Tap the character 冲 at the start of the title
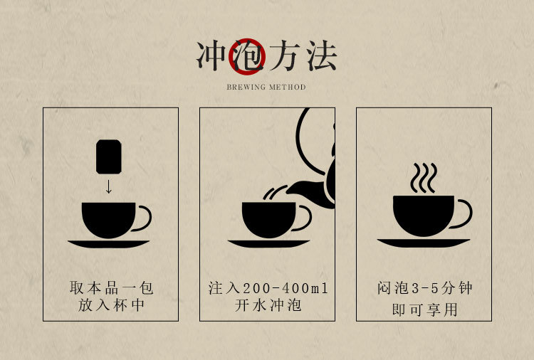[x=211, y=55]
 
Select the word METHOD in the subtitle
[x=288, y=87]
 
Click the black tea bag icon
[x=109, y=157]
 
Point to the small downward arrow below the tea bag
[x=109, y=186]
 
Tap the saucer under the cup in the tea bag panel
[x=108, y=243]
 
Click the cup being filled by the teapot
[x=269, y=220]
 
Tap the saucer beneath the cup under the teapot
[x=268, y=243]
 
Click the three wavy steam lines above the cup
[x=424, y=178]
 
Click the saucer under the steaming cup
[x=424, y=243]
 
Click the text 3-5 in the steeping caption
[x=424, y=289]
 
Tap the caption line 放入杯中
[x=111, y=305]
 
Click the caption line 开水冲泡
[x=268, y=305]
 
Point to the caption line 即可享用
[x=424, y=309]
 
